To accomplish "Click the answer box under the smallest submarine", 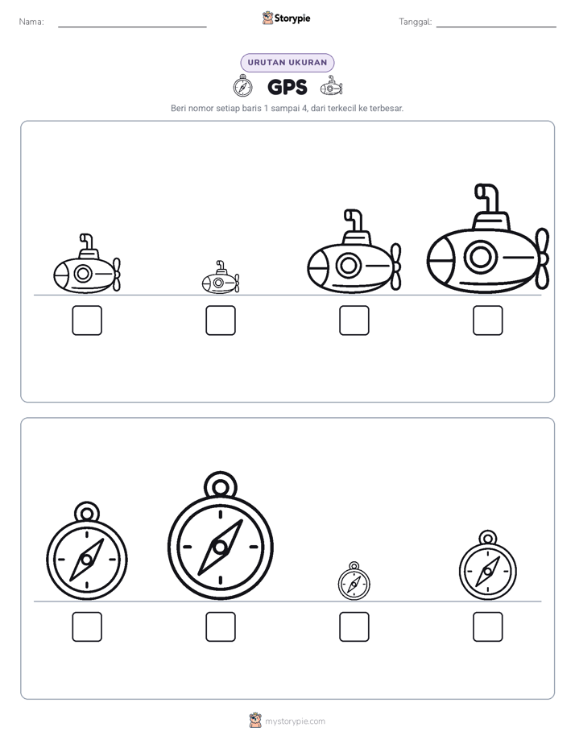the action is coord(221,320).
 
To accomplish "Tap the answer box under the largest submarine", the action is coord(488,320).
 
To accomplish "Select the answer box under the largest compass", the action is coord(221,626).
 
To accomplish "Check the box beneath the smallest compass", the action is coord(354,626).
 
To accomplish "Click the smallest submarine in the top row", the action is coord(221,278).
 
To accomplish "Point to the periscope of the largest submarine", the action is coord(487,198).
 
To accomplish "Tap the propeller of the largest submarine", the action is coord(542,258).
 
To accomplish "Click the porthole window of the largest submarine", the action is coord(481,257).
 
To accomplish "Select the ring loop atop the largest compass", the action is coord(221,486).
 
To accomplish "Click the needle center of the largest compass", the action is coord(220,547).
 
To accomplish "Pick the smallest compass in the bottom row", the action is coord(354,581).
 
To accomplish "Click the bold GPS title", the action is coord(287,87).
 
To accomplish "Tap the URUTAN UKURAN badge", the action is coord(287,63).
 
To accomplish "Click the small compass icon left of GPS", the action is coord(243,86).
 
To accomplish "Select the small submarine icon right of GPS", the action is coord(331,86).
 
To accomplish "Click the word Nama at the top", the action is coord(31,22).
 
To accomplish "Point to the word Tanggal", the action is coord(416,22).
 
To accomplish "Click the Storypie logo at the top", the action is coord(287,18).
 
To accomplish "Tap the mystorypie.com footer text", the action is coord(295,721).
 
